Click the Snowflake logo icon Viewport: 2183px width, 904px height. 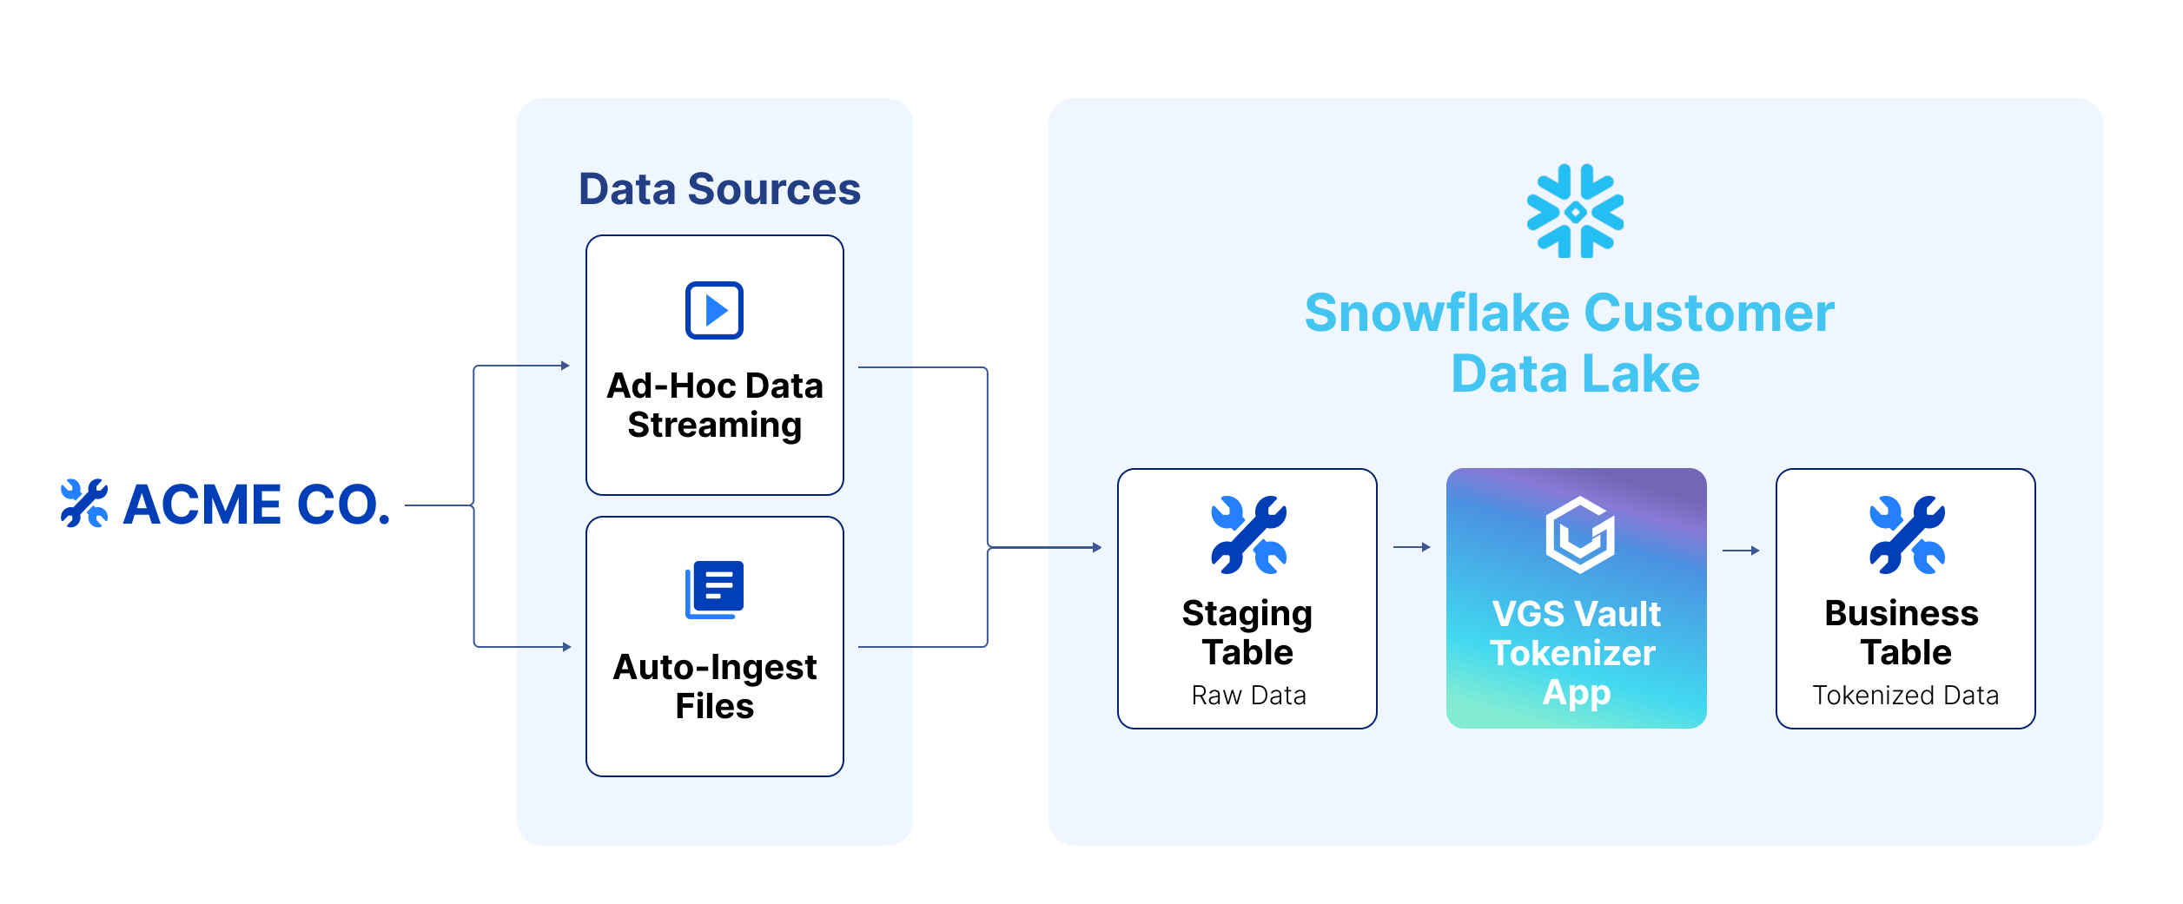1575,211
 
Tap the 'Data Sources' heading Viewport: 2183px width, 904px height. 719,189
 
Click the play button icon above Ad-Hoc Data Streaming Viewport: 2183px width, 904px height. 714,310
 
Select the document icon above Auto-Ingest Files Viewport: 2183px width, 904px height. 714,590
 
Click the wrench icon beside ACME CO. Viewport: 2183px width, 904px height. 84,504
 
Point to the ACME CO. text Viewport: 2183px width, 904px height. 257,505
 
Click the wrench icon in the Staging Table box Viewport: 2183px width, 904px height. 1248,535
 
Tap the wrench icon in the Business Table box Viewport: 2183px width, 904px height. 1907,535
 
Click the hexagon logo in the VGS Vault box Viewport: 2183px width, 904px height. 1579,535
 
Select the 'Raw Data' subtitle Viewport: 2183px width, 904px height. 1248,696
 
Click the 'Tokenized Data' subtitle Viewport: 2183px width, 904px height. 1905,696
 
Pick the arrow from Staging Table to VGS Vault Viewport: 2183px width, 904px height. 1412,547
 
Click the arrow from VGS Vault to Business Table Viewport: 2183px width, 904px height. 1741,550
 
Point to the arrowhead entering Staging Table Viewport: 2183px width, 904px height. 1097,547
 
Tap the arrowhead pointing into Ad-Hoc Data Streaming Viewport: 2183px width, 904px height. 566,366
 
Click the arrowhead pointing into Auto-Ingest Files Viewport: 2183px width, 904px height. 566,647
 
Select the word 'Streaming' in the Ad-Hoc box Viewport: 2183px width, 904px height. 714,426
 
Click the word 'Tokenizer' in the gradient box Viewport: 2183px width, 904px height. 1572,653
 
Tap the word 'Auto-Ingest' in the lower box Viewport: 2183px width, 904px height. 714,667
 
